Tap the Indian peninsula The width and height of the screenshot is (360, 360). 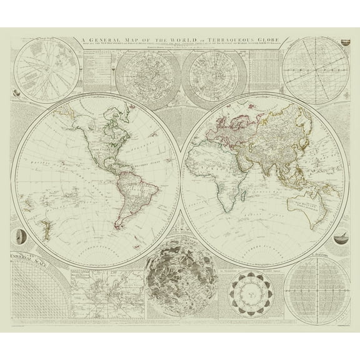point(273,164)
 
